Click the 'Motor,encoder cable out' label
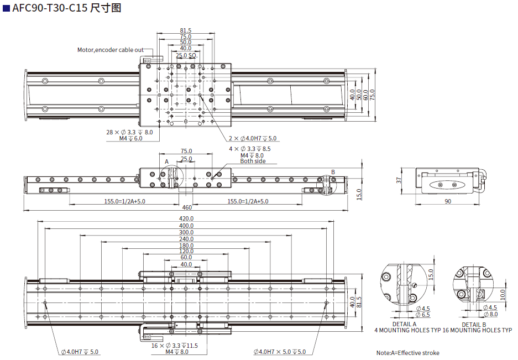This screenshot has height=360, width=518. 110,50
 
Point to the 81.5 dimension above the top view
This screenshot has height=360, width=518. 186,30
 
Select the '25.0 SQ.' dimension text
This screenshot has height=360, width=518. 186,56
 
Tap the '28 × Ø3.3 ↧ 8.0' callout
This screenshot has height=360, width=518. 129,132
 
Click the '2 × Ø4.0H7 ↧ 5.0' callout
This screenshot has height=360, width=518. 253,138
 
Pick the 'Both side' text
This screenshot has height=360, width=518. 253,161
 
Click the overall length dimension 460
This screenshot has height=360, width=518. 187,207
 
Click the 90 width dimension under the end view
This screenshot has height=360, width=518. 448,201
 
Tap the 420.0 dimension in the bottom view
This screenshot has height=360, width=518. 186,218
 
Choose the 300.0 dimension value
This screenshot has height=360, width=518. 186,232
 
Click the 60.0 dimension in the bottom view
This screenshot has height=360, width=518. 186,257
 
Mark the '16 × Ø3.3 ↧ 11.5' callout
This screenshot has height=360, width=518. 174,346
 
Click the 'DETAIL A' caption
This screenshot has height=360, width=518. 404,324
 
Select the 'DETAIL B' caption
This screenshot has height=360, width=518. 474,325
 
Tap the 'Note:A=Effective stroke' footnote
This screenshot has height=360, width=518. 408,353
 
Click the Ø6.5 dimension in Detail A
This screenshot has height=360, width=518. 423,315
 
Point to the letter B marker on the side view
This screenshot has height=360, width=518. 333,171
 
